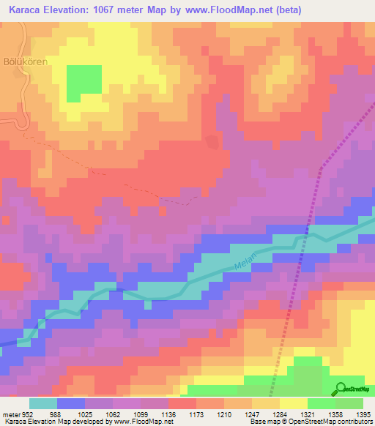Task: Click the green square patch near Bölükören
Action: click(84, 83)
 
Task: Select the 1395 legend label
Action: click(363, 414)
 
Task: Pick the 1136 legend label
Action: click(168, 414)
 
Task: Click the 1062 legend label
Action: click(114, 414)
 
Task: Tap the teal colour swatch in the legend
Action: click(42, 403)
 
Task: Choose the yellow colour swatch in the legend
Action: click(293, 403)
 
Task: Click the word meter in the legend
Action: click(10, 414)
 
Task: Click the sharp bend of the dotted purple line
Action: click(320, 169)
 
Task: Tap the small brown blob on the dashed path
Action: click(212, 141)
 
